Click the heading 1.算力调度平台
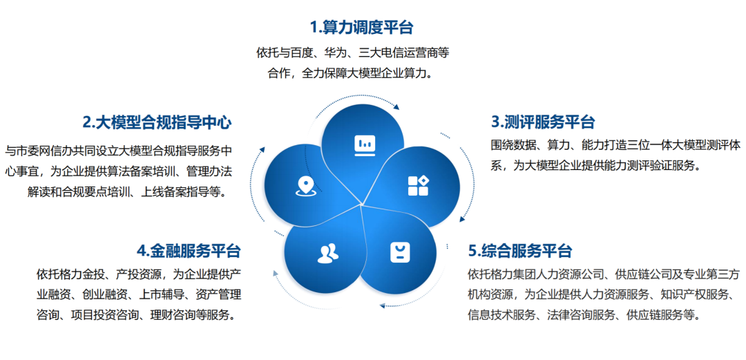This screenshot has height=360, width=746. point(361,27)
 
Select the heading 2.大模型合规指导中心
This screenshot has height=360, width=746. point(157,122)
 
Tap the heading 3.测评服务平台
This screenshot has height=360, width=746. point(543,122)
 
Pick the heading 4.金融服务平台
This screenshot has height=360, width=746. point(189,250)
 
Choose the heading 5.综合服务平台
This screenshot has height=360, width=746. point(520,250)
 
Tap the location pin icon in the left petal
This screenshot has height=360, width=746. point(305,186)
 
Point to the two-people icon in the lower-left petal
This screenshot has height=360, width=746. point(328,254)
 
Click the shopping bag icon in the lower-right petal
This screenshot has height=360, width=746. point(400,252)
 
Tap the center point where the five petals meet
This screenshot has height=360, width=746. point(361,205)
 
